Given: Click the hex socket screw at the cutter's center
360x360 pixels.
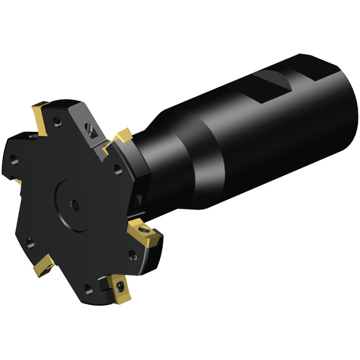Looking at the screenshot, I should [x=75, y=205].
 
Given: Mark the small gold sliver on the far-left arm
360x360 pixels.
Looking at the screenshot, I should [x=17, y=181].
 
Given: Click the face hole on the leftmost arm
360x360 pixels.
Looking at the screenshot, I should [x=14, y=159].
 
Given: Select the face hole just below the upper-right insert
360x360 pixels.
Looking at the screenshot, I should [x=118, y=169].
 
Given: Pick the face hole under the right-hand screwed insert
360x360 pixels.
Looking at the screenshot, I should [x=132, y=255].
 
